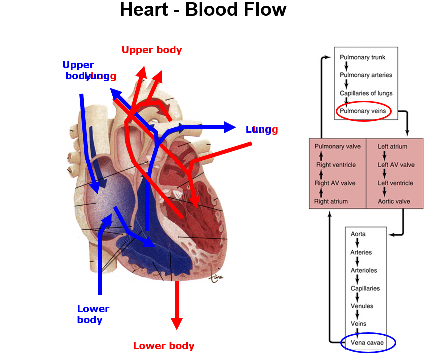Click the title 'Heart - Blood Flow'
click(203, 10)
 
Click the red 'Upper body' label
click(152, 50)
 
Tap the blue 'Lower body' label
click(93, 314)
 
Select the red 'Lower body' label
click(164, 346)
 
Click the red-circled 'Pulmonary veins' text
click(363, 111)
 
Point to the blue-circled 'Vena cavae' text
click(367, 343)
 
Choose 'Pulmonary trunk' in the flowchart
click(362, 57)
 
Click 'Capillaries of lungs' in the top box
click(366, 93)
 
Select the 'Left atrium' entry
click(392, 147)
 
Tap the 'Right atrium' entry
click(331, 201)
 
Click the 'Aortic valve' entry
click(394, 201)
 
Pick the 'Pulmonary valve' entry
click(337, 147)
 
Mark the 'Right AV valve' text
click(335, 183)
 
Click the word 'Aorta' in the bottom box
click(358, 234)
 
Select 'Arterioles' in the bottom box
click(363, 270)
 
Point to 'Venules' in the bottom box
click(362, 306)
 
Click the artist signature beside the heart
click(216, 276)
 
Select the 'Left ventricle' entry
click(395, 183)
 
